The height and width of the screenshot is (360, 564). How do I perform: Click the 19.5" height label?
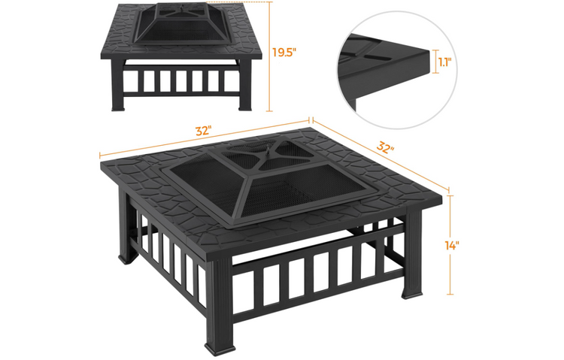284,53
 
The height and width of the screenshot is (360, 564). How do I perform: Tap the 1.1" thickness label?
445,62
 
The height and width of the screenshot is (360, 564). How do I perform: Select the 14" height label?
452,246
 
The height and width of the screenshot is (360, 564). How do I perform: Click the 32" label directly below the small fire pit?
203,131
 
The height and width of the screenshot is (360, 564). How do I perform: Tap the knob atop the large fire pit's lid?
266,150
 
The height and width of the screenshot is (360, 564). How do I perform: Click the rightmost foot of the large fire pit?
412,294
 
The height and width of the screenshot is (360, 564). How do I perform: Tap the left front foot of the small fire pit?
118,107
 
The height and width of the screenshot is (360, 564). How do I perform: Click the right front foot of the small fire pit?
246,107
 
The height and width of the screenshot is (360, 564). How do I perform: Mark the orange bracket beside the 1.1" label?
435,61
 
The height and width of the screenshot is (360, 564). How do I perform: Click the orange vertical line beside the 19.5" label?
268,56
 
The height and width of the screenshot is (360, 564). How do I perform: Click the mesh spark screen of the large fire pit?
261,180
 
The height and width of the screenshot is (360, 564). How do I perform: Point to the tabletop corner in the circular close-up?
429,50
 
